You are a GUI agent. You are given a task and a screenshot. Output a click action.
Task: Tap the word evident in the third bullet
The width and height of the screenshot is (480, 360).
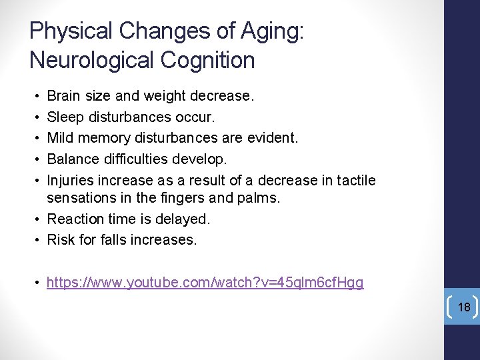point(274,139)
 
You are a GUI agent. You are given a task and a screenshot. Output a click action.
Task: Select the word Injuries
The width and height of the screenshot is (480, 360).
point(71,181)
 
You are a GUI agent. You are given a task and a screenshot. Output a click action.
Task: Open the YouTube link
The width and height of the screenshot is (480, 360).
point(205,283)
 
